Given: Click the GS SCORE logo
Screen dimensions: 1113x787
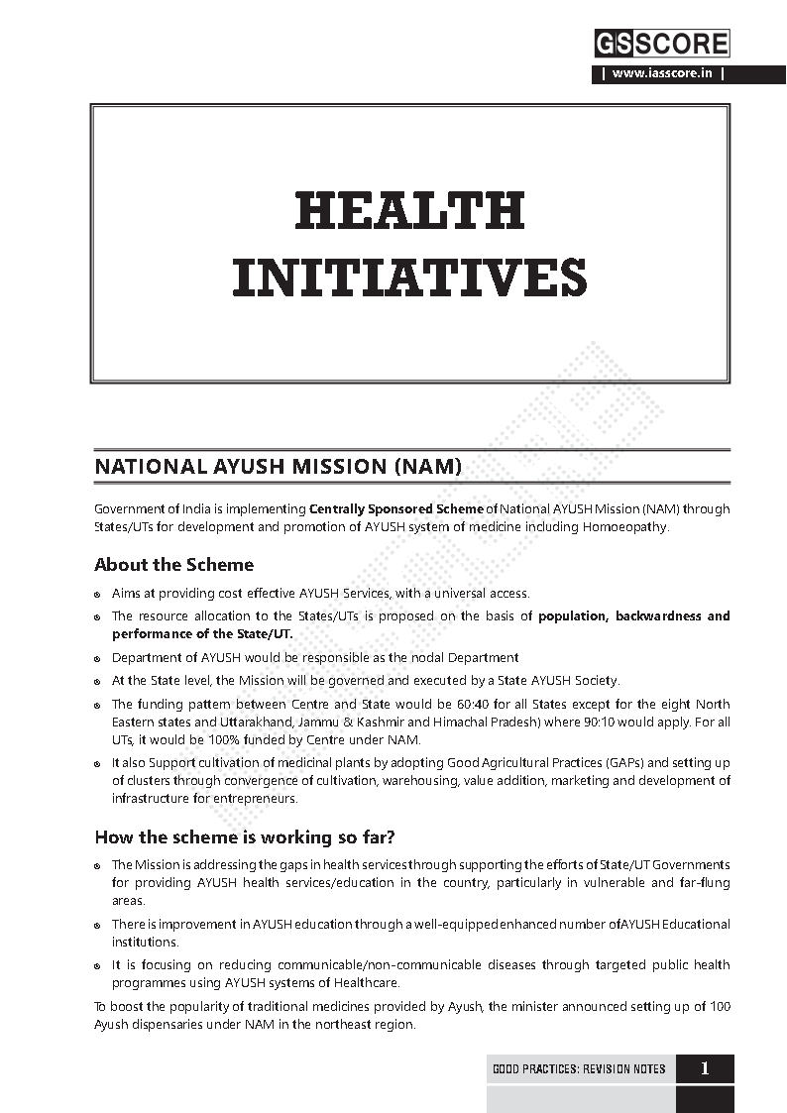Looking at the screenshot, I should [x=661, y=44].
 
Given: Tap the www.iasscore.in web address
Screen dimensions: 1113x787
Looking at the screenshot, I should [x=661, y=73].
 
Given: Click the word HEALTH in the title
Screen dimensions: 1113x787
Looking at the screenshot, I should [x=409, y=211].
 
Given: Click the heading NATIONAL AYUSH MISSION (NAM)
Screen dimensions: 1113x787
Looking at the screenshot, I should [x=278, y=465].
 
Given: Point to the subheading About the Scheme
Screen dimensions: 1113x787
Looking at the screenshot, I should [x=173, y=565].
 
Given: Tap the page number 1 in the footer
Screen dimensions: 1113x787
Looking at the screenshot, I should [x=705, y=1068].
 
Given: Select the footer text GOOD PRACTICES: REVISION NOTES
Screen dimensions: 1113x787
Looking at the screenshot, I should [x=579, y=1069].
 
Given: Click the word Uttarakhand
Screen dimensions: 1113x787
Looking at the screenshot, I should [x=238, y=723].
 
